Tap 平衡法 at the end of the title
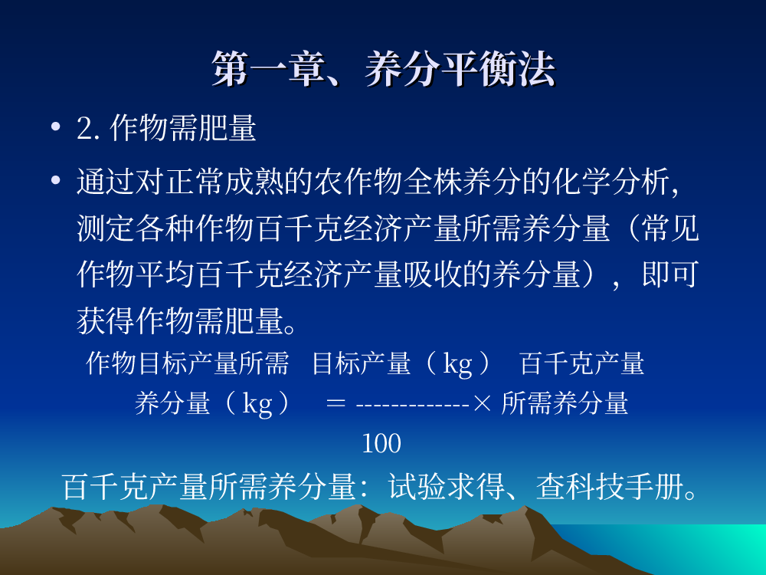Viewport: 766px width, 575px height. click(499, 70)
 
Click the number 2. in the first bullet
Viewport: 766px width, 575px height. click(88, 129)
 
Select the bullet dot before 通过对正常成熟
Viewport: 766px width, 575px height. click(56, 180)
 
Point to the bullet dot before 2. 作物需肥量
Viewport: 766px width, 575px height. click(56, 127)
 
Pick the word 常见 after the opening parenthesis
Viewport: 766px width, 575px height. click(670, 228)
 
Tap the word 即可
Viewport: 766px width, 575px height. click(670, 274)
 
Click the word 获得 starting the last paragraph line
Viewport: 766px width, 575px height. click(106, 320)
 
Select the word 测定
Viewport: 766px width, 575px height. click(106, 228)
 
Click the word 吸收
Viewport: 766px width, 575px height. click(433, 274)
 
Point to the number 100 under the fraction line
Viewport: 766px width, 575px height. click(381, 443)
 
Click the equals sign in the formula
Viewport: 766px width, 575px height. click(336, 403)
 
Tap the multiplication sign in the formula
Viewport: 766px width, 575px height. click(482, 403)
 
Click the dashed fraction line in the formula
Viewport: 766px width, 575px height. click(413, 405)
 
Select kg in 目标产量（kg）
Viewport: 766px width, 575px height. click(457, 364)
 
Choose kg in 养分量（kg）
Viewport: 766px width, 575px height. click(257, 404)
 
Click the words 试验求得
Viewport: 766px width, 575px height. click(447, 487)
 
